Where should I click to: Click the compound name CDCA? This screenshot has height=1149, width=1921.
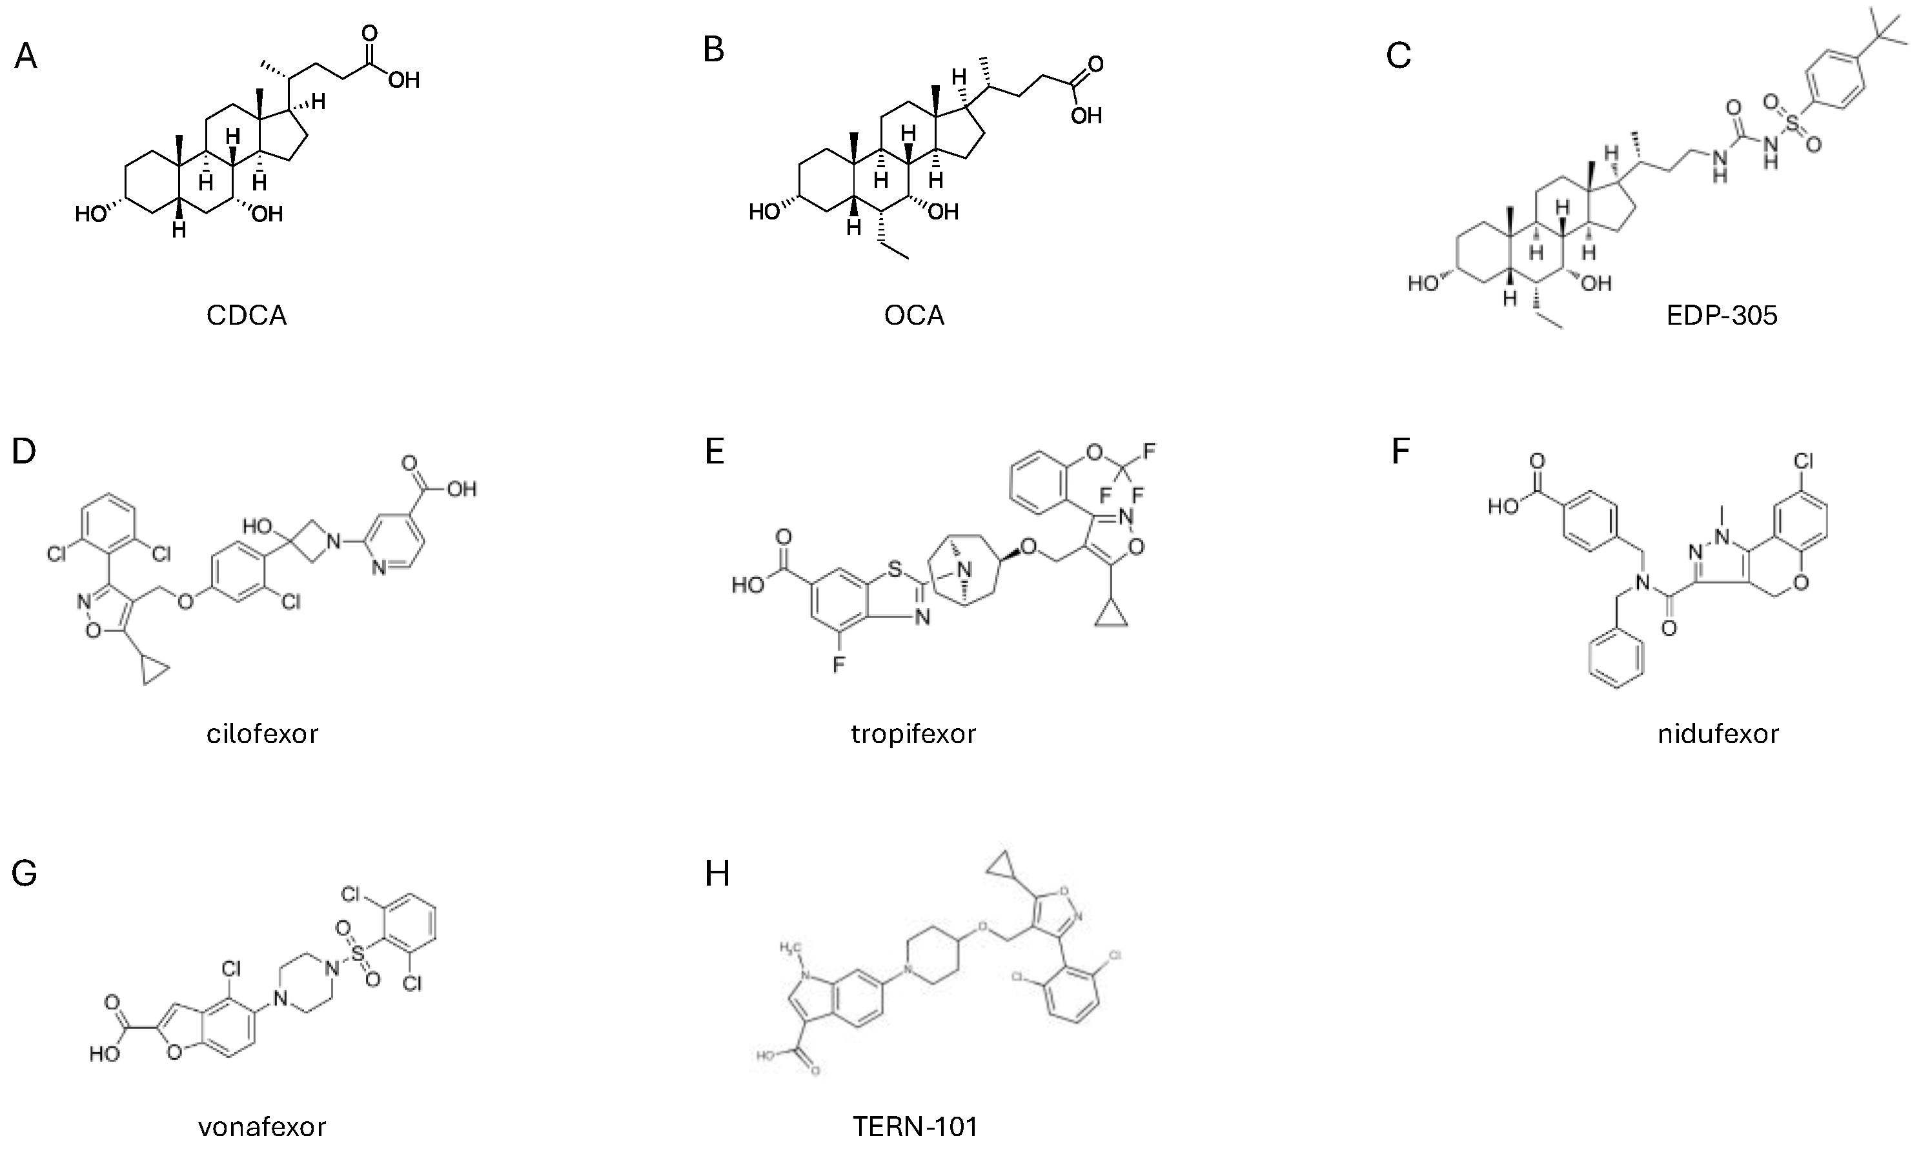246,316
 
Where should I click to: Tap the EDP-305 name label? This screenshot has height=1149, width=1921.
1722,316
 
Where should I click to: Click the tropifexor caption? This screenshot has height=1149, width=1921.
913,733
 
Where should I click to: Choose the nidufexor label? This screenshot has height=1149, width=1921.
1718,733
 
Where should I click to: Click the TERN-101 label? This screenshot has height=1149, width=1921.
915,1126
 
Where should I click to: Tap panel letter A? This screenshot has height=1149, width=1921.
26,57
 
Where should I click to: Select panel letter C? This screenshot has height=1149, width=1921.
1398,57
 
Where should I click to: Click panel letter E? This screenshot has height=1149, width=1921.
714,451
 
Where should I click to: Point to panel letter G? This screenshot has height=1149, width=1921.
24,873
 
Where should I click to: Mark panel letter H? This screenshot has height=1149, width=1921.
717,874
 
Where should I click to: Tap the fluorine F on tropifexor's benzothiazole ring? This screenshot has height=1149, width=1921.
839,664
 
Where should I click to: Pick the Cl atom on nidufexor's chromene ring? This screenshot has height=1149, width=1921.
1804,462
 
